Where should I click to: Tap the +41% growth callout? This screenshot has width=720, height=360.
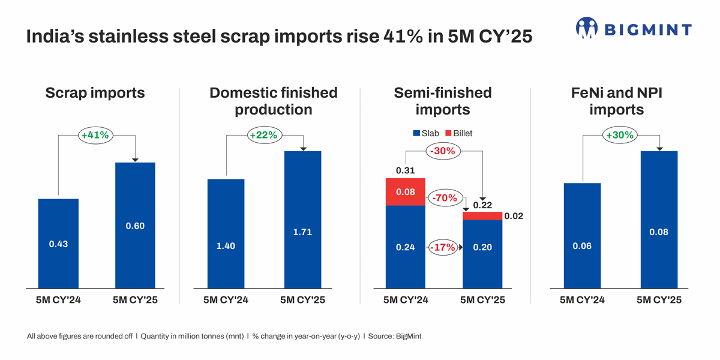pos(95,136)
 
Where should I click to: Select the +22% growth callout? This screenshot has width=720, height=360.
pos(263,136)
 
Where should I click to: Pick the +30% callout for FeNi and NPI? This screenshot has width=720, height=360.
pos(620,136)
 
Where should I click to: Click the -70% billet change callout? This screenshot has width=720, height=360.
pos(445,198)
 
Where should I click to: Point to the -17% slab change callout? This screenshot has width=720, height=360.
pos(443,247)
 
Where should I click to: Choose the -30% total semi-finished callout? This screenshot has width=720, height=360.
pos(444,151)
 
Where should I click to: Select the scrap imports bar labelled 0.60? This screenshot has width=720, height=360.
pos(135,225)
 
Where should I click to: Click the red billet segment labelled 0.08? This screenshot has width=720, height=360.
pos(405,192)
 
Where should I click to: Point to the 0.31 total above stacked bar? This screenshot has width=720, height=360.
pos(405,171)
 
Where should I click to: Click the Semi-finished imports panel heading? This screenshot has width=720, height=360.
pos(443,101)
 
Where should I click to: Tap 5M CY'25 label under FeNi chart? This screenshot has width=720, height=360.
pos(659,300)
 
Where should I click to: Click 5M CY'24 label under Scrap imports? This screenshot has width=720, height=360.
pos(58,300)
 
